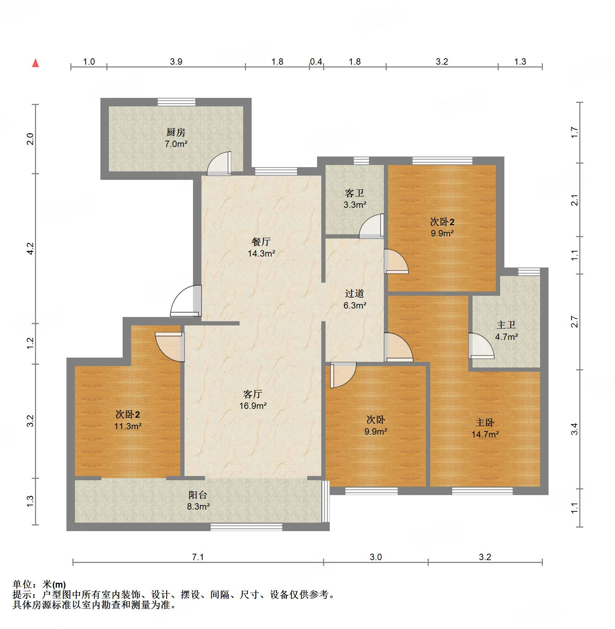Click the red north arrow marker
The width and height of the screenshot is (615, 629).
tap(35, 63)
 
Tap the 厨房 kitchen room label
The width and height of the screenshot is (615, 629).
tap(176, 132)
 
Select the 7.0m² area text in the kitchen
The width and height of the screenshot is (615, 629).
tap(176, 144)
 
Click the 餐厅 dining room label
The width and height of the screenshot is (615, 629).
tap(261, 242)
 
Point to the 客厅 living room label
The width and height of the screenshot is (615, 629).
tap(253, 394)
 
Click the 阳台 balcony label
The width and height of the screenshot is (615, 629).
tap(198, 495)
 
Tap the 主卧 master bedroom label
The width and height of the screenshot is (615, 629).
tap(485, 422)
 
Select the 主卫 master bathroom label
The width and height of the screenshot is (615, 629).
tap(506, 325)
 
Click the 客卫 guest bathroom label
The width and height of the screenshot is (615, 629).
tap(355, 193)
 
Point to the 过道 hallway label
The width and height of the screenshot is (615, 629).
tap(355, 293)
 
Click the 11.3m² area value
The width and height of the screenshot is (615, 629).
tap(128, 426)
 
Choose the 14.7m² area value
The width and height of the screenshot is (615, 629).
tap(485, 434)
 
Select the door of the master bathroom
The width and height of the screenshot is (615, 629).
tap(481, 346)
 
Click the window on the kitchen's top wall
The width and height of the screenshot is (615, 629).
tap(176, 102)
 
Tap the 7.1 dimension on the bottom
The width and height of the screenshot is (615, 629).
tap(198, 557)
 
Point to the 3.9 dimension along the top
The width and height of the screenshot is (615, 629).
tap(176, 61)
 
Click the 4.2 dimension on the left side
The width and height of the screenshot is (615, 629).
tap(30, 248)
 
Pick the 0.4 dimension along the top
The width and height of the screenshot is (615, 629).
tap(316, 61)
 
